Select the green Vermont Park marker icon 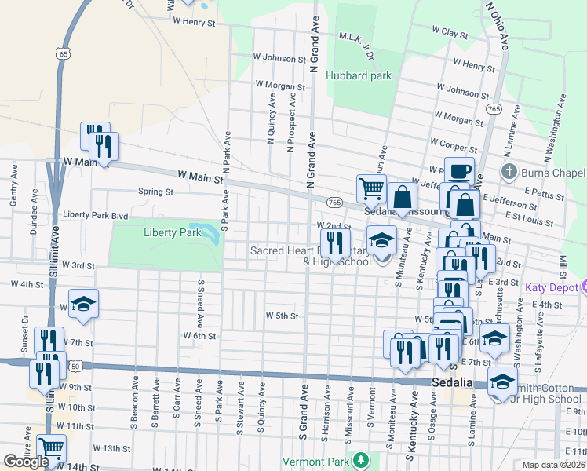pyautogui.click(x=360, y=458)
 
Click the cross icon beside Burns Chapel pyautogui.click(x=509, y=172)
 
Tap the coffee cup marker pyautogui.click(x=459, y=170)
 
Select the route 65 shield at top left pyautogui.click(x=63, y=52)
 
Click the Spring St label pyautogui.click(x=155, y=192)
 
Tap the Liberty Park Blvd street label pyautogui.click(x=95, y=214)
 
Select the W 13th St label pyautogui.click(x=111, y=447)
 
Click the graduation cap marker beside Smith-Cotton pyautogui.click(x=501, y=382)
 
